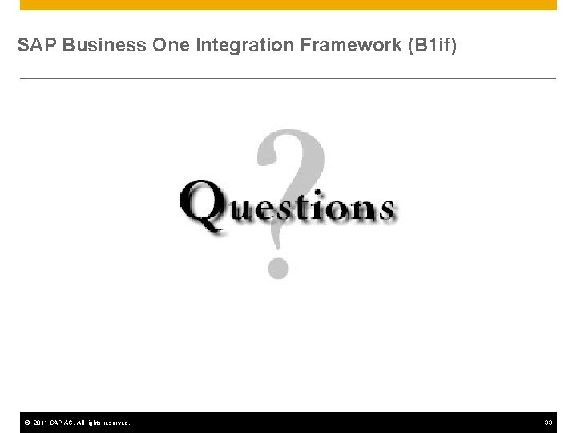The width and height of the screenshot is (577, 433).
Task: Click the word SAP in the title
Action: [34, 47]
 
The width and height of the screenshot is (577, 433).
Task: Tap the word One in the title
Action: [165, 47]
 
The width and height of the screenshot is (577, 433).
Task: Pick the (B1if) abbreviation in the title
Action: [432, 47]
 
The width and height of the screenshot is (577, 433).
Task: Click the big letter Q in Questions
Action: [204, 206]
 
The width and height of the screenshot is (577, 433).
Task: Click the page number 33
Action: [549, 423]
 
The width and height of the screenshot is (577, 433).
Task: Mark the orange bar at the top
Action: [288, 5]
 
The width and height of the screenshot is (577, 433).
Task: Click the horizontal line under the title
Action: [288, 78]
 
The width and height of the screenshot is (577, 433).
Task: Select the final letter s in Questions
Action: [384, 209]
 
